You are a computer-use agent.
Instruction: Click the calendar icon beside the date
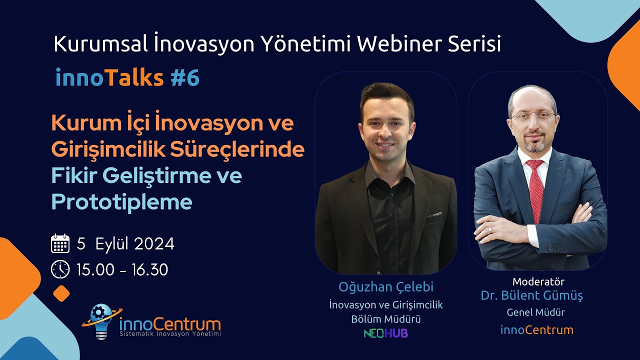click(60, 243)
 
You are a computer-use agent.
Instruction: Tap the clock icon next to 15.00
click(60, 269)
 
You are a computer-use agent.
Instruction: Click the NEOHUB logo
click(385, 333)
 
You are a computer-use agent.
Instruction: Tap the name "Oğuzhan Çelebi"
click(385, 287)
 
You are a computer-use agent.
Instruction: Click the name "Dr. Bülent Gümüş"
click(532, 295)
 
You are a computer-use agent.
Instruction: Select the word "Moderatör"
click(538, 281)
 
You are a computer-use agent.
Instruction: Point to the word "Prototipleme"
click(121, 201)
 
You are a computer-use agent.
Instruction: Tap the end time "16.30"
click(150, 270)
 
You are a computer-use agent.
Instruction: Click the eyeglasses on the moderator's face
click(533, 116)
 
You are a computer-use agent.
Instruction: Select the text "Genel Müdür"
click(535, 312)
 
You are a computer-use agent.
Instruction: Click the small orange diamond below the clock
click(61, 293)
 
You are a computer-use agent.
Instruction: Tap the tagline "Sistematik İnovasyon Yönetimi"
click(170, 333)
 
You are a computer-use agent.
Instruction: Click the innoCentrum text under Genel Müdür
click(536, 330)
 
